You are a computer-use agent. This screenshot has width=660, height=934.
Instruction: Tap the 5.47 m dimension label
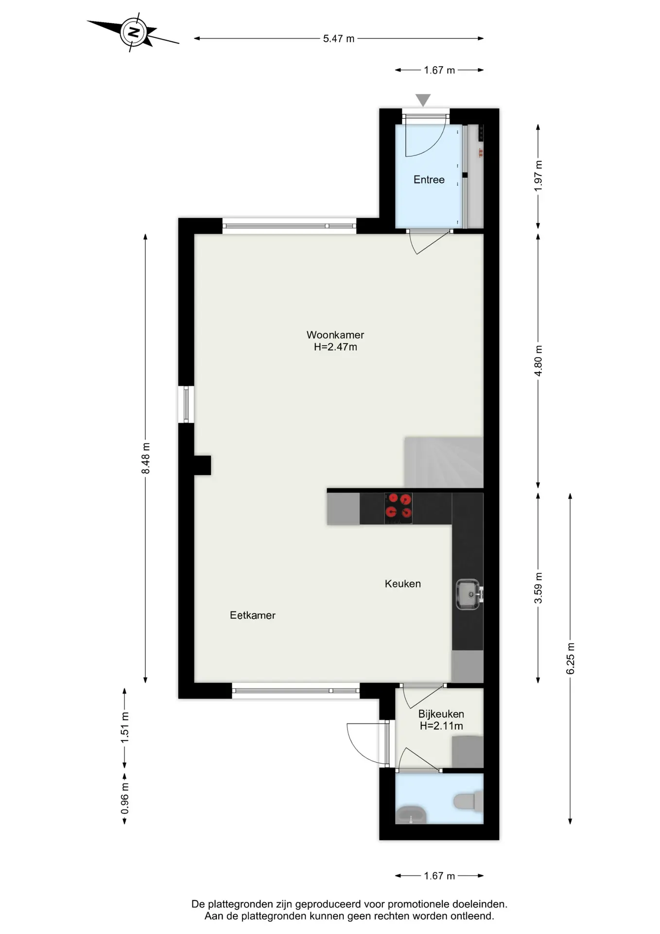(x=339, y=39)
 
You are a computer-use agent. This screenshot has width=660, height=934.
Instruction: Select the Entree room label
(x=429, y=180)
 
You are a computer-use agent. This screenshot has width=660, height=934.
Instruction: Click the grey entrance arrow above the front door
(x=423, y=100)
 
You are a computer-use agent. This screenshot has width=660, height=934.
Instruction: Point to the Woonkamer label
(x=335, y=335)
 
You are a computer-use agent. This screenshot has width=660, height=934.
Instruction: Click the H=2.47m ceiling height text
(x=335, y=347)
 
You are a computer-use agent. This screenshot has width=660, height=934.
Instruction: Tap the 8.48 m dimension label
(x=146, y=458)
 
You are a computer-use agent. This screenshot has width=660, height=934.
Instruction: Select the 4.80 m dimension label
(x=538, y=360)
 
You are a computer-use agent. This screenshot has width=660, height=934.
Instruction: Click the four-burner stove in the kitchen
(x=399, y=508)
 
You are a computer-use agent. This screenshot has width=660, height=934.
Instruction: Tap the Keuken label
(x=403, y=584)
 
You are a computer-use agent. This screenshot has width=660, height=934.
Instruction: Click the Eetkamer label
(x=253, y=615)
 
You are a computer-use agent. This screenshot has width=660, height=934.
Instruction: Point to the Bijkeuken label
(x=441, y=714)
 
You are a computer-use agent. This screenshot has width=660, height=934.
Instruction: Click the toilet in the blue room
(x=469, y=801)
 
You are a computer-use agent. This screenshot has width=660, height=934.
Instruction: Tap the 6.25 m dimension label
(x=571, y=659)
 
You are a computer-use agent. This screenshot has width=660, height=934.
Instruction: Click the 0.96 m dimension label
(x=125, y=798)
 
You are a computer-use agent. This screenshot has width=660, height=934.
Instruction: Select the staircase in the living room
(x=444, y=462)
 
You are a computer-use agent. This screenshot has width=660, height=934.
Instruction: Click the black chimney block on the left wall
(x=203, y=465)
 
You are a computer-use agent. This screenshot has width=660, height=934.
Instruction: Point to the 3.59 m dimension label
(x=538, y=588)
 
